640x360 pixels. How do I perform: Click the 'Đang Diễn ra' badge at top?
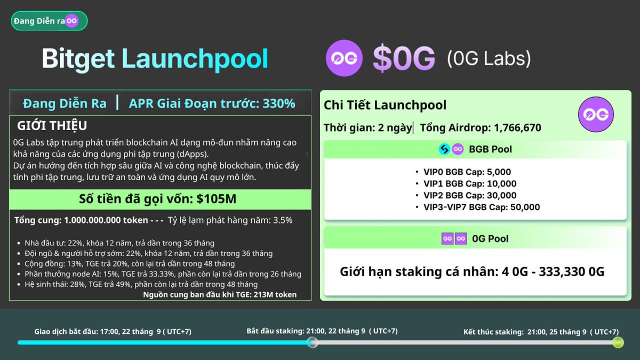[x=49, y=21]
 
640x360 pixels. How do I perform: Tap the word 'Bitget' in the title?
[x=78, y=59]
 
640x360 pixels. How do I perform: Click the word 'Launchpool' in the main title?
[x=195, y=59]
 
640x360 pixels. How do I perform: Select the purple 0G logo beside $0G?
[x=344, y=58]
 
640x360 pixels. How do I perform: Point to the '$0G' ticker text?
[x=404, y=59]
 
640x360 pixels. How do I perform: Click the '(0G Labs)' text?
[x=489, y=58]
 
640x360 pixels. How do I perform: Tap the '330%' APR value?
[x=278, y=103]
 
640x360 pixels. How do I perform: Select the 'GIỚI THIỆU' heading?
[x=52, y=126]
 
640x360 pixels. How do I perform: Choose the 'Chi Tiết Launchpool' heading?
[x=385, y=105]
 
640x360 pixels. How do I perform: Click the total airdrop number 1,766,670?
[x=517, y=128]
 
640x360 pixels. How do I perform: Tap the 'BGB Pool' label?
[x=490, y=149]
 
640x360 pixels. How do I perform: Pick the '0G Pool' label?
[x=490, y=239]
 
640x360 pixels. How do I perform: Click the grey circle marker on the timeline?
[x=313, y=342]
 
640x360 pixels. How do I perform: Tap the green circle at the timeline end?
[x=618, y=342]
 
